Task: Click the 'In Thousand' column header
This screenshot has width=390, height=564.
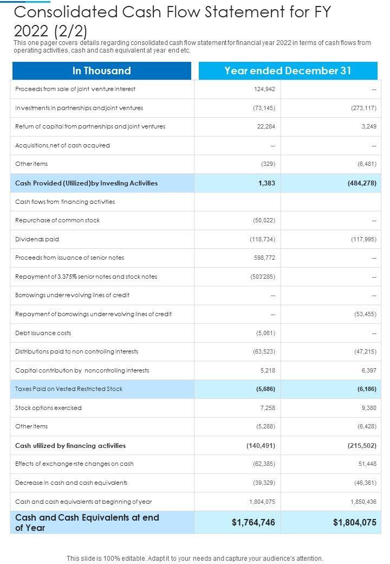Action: [101, 70]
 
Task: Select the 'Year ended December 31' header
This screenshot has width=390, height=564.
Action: [288, 70]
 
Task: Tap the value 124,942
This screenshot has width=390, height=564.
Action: [264, 89]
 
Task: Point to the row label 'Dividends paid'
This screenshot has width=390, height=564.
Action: [37, 239]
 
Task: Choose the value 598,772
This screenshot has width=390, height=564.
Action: [264, 258]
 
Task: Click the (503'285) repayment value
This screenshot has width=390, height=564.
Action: [263, 277]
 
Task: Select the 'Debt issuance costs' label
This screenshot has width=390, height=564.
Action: [43, 333]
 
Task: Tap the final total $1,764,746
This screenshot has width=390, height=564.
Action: [253, 522]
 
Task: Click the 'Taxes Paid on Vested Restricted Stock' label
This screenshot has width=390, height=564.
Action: [69, 389]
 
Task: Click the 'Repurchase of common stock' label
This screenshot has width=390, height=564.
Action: [57, 220]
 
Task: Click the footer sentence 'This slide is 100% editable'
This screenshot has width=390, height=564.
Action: [194, 558]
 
